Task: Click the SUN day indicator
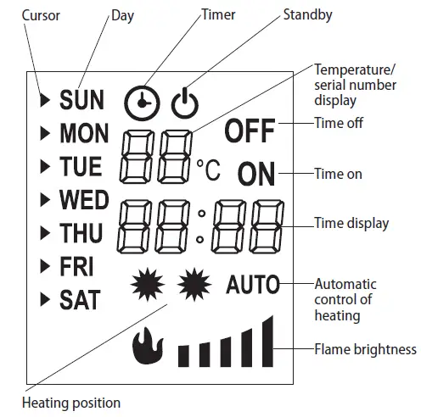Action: tap(81, 101)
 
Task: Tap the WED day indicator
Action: tap(84, 200)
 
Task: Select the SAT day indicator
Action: tap(80, 299)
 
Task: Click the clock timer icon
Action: tap(141, 102)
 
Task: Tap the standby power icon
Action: tap(183, 102)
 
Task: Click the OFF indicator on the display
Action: tap(250, 131)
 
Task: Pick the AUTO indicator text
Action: tap(253, 285)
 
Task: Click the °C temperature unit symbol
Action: tap(208, 170)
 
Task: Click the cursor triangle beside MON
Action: tap(45, 134)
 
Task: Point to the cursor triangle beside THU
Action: tap(45, 233)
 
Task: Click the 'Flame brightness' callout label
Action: tap(365, 348)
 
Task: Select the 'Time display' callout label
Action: tap(351, 224)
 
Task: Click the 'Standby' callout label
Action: tap(306, 14)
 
